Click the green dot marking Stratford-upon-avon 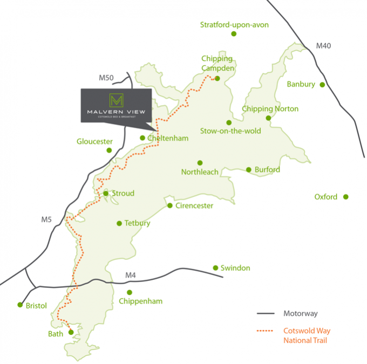234,33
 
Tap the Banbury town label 301,84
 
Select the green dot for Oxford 346,197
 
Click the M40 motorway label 323,46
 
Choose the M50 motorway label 106,78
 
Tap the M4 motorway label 130,276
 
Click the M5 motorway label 46,219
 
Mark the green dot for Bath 71,333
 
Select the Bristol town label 36,306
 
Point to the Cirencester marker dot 169,205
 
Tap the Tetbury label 137,223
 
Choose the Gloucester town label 94,142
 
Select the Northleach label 200,172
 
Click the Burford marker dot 249,170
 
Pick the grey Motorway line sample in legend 266,313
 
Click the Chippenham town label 141,301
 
